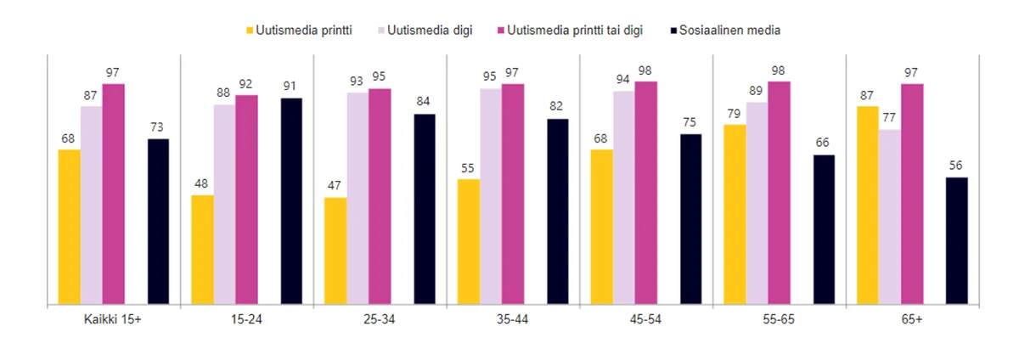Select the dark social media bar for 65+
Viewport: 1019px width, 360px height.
pos(957,239)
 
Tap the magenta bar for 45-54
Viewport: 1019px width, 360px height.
pos(646,192)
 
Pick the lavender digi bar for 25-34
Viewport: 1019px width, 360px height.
pos(357,197)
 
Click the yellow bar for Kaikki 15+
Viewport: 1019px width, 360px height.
pos(69,226)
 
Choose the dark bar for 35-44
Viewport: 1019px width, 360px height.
pos(558,211)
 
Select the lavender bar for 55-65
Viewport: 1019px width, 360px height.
pos(757,202)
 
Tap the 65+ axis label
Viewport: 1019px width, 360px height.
pos(913,320)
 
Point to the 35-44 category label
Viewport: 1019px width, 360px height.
pos(514,320)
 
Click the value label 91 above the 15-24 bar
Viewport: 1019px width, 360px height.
pos(291,86)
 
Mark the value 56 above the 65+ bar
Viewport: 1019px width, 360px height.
pos(957,165)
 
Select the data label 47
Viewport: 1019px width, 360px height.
pos(335,185)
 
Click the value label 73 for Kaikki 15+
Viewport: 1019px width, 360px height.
pos(158,127)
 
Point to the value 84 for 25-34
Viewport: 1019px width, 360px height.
pos(425,102)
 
